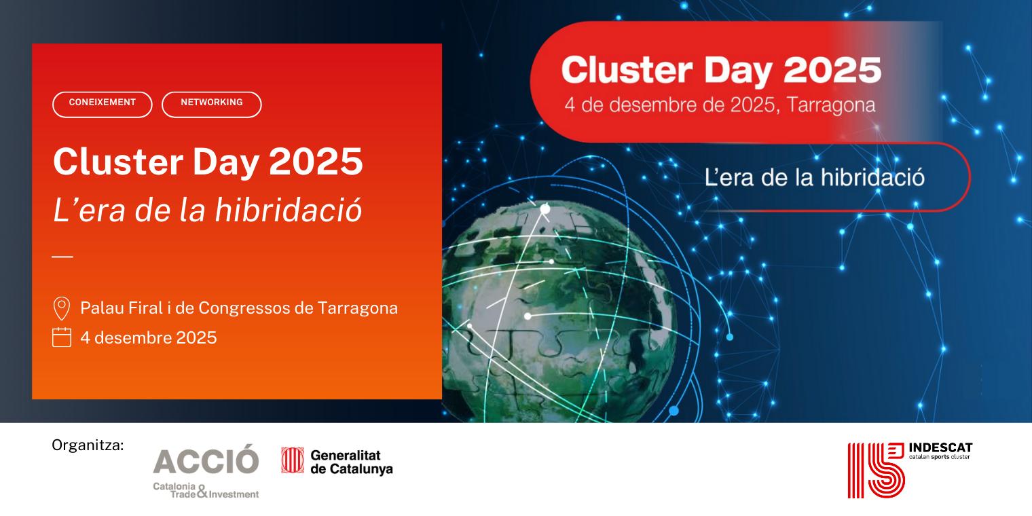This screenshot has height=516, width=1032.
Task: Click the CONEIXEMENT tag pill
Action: tap(103, 104)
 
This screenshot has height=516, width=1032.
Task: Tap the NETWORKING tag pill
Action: tap(212, 104)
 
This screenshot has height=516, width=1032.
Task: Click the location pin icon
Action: tap(62, 308)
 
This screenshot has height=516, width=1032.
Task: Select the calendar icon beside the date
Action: tap(62, 337)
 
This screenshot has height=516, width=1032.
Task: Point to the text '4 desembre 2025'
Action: tap(149, 337)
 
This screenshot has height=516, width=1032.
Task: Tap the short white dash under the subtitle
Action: tap(62, 257)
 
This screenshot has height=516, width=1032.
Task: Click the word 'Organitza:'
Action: tap(88, 445)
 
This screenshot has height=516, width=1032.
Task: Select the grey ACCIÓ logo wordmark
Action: tap(206, 460)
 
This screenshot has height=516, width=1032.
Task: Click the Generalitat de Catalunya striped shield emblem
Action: tap(292, 460)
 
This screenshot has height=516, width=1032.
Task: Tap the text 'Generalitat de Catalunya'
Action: tap(351, 462)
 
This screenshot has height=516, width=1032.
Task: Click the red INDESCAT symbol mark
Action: tap(876, 470)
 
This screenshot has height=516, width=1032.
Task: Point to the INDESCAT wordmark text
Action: tap(940, 449)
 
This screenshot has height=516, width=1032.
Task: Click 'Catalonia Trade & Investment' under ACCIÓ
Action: tap(206, 491)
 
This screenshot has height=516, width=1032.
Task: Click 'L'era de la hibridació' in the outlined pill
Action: tap(815, 177)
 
